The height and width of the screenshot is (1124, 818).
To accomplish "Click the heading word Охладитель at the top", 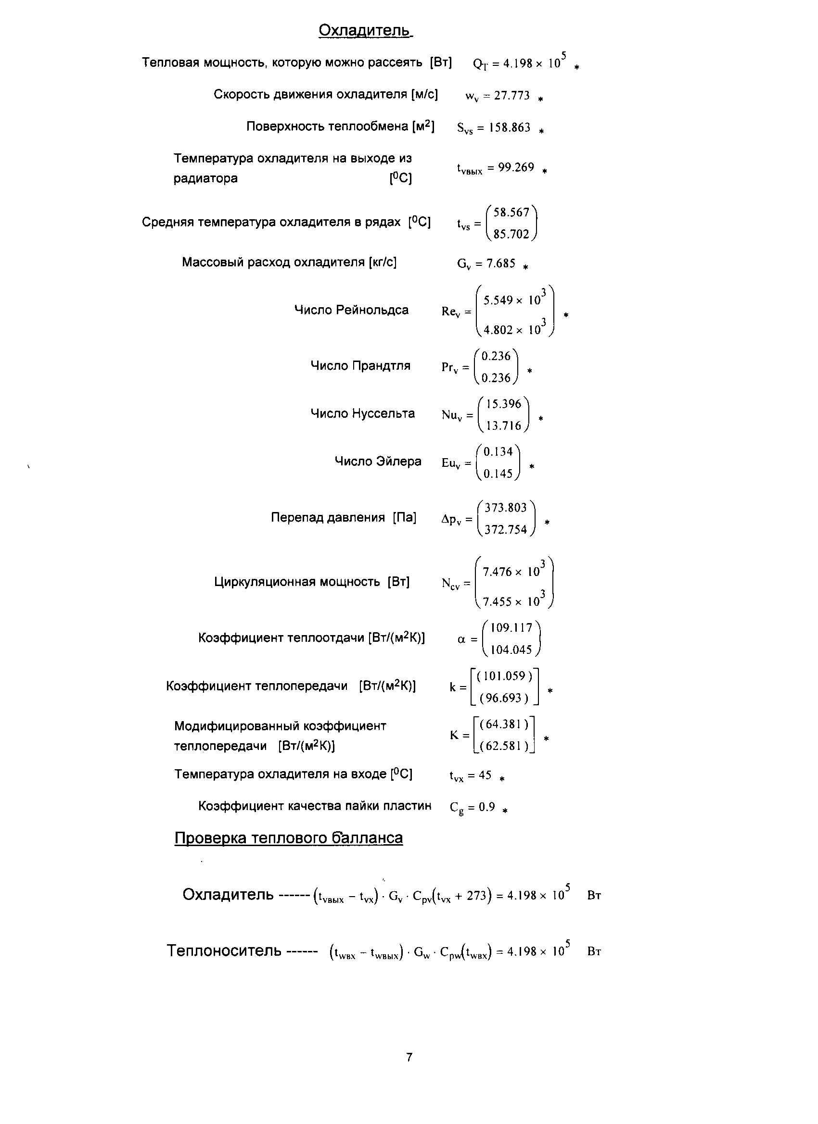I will click(x=364, y=31).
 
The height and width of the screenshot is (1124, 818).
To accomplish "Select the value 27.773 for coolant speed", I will click(x=511, y=96).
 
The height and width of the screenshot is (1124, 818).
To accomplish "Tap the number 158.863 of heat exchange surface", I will click(x=510, y=128).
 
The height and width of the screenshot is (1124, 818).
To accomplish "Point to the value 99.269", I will click(x=516, y=167).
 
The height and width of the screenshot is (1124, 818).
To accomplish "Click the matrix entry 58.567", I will click(x=511, y=212).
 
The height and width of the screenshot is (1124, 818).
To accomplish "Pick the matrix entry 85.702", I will click(x=511, y=235).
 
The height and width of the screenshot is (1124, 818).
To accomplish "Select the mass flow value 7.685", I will click(x=500, y=263).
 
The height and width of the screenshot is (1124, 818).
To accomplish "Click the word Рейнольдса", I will click(x=372, y=310).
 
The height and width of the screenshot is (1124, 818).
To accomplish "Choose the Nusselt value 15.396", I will click(x=503, y=404).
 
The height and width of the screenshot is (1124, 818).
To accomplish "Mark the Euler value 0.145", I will click(x=498, y=474).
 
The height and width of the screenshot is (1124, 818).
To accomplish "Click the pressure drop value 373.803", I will click(x=506, y=508).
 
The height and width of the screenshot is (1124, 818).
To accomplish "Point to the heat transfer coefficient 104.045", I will click(x=511, y=649).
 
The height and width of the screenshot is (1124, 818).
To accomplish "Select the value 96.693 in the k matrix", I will click(x=504, y=698).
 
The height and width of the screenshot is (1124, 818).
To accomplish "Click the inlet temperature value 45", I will click(x=485, y=775).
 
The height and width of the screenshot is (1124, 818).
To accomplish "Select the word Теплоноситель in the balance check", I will click(x=224, y=950).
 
